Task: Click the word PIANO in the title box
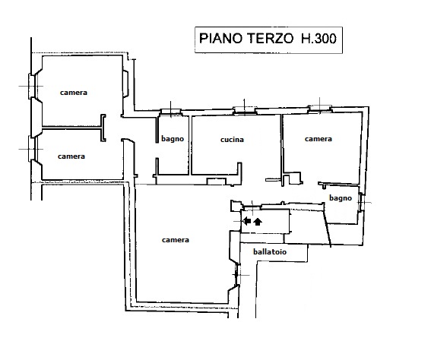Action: point(220,39)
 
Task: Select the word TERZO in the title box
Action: point(271,39)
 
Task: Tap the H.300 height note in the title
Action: point(318,39)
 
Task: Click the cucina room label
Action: point(232,140)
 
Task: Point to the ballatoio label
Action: point(270,251)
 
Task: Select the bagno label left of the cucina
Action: point(173,139)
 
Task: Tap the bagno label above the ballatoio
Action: point(341,198)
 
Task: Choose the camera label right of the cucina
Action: point(318,139)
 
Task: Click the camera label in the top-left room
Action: point(74,93)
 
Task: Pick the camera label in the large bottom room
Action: point(176,240)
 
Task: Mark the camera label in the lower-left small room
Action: point(71,156)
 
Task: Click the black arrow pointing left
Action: point(247,220)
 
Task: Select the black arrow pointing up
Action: point(258,221)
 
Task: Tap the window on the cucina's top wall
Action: point(244,110)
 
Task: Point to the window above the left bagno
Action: point(171,112)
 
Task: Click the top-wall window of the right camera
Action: point(320,109)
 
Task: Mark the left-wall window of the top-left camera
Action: point(32,87)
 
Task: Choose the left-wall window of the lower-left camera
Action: point(32,149)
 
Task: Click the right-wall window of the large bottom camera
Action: point(237,275)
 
